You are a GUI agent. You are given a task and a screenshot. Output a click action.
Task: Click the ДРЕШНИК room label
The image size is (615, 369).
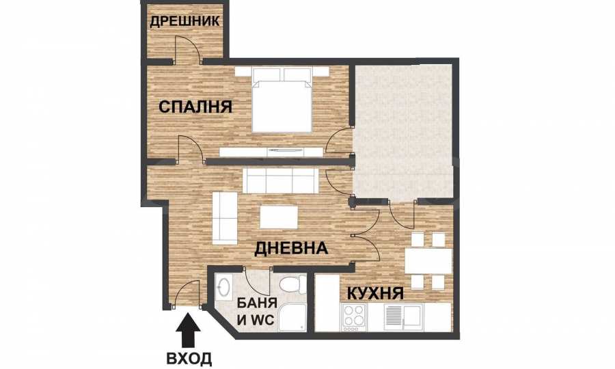click(184, 20)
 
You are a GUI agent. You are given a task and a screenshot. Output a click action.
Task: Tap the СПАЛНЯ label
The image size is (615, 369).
click(195, 107)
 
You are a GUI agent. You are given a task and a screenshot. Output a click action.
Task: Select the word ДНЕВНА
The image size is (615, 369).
click(291, 248)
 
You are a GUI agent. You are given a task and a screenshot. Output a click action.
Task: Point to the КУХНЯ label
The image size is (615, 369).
click(375, 293)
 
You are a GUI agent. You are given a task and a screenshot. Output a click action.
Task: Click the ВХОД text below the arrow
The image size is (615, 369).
click(189, 358)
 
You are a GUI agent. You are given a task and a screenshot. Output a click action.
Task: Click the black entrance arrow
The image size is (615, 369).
click(189, 330)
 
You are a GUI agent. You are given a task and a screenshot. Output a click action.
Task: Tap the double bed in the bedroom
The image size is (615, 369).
click(282, 100)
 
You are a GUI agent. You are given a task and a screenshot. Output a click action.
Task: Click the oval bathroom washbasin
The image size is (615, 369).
click(224, 287)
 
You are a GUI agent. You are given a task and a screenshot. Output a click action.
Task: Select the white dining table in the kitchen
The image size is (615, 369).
click(428, 261)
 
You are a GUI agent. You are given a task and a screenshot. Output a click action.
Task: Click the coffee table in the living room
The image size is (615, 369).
click(279, 217)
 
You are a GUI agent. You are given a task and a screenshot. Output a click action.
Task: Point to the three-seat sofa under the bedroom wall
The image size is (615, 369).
click(281, 181)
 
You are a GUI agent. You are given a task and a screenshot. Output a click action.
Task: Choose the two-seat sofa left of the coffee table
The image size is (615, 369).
click(225, 217)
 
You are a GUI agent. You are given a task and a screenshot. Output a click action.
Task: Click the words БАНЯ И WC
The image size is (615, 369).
click(258, 312)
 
